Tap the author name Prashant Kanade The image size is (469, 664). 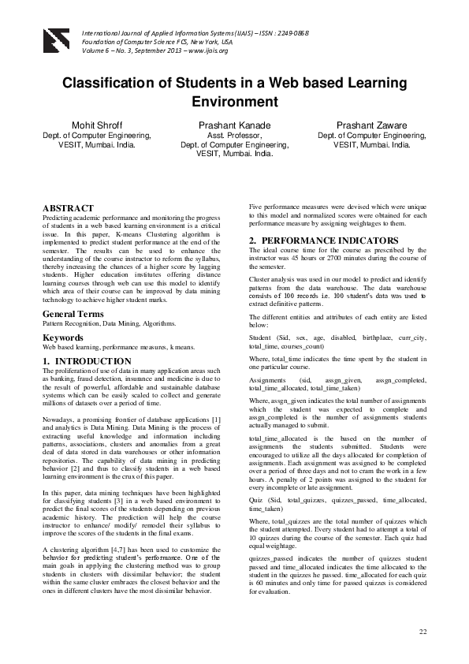point(234,125)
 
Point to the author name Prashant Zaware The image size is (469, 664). point(372,125)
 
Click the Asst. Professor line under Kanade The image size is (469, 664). point(234,136)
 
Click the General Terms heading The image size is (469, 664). point(73,314)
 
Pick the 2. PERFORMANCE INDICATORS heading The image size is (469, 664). point(314,239)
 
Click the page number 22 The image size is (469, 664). point(422,632)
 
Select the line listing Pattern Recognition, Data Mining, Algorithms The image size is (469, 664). point(109,323)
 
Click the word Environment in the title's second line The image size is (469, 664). point(234,102)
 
